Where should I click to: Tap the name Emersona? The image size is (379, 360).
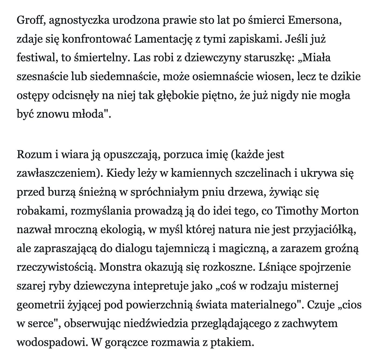pyautogui.click(x=315, y=21)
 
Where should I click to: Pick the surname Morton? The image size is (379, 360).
pyautogui.click(x=343, y=211)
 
